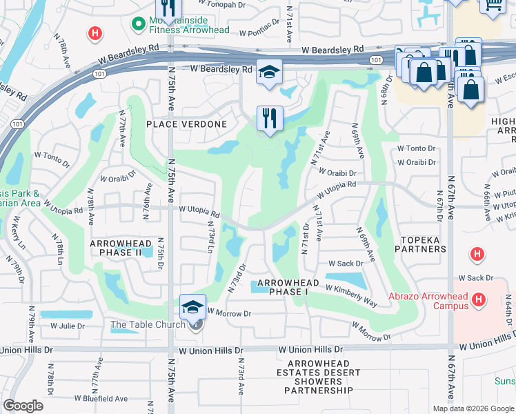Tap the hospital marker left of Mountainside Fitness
coord(95,32)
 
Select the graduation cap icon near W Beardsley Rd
coord(268,72)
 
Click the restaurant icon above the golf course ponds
coord(269,118)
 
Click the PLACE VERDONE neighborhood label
coord(186,124)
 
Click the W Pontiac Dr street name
coord(259,32)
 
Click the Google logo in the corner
coord(23,405)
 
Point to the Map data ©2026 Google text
coord(473,408)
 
